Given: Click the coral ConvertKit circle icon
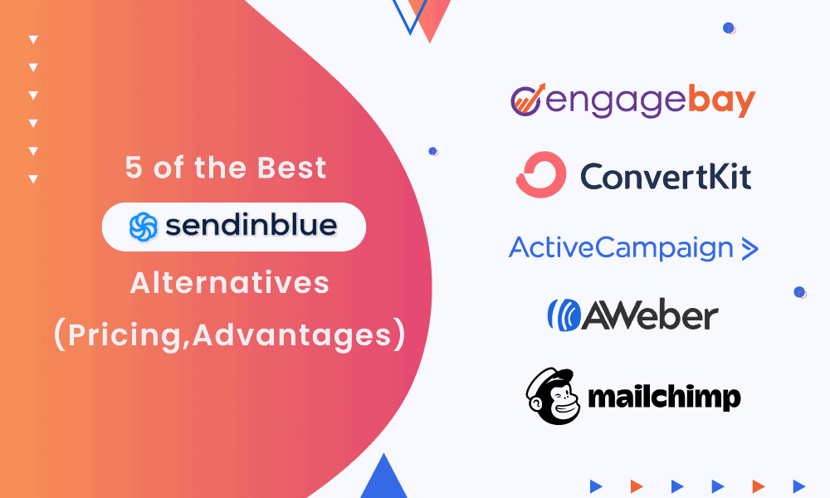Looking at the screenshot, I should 540,175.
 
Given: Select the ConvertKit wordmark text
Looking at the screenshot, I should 665,176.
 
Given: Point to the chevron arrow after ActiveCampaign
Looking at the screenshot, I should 749,248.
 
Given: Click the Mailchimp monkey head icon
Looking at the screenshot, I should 552,396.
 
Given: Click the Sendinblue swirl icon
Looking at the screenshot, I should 142,227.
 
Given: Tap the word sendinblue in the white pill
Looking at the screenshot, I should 250,227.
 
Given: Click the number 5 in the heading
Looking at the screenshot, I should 134,168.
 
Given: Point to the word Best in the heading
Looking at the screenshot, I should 291,168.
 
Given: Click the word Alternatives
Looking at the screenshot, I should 230,282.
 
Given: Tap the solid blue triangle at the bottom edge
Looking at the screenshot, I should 383,481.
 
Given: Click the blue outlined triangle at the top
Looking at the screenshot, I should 408,14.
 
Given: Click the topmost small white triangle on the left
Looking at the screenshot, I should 33,39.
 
